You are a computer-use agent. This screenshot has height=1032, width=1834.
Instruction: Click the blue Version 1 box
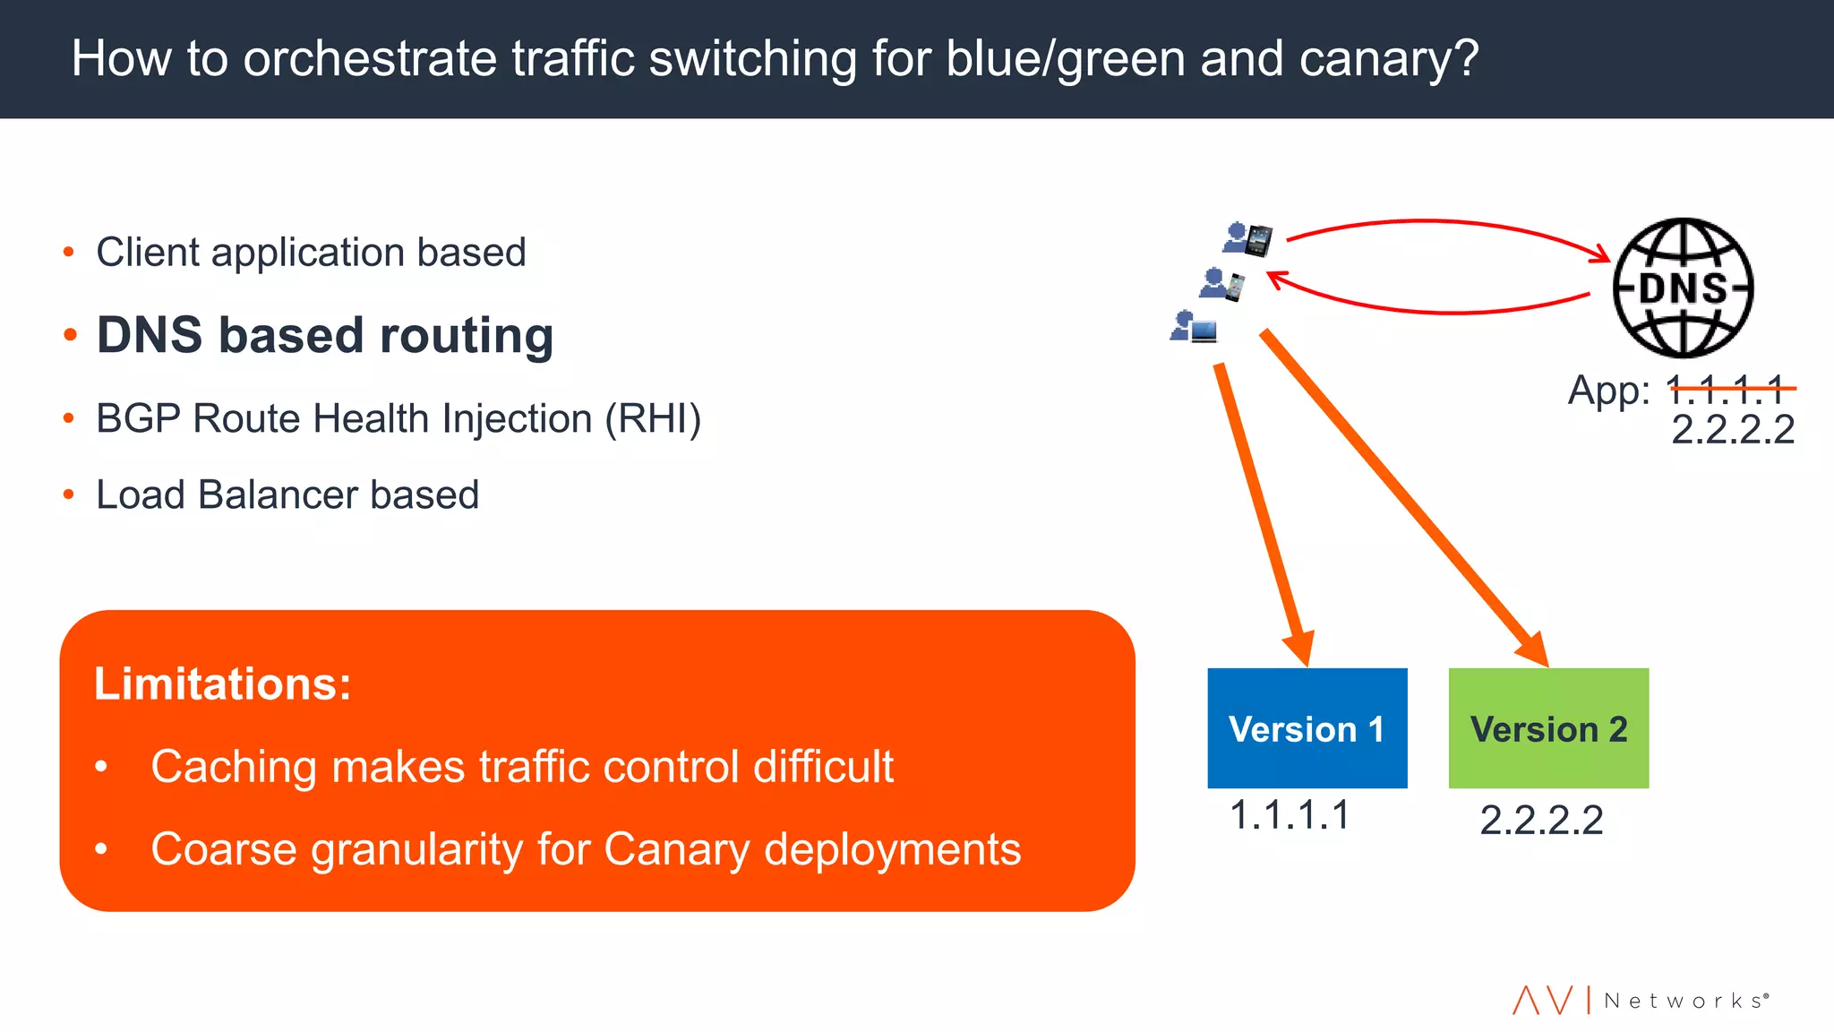1307,727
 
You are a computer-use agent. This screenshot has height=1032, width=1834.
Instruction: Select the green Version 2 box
1548,727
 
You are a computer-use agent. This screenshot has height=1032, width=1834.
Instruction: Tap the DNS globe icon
1683,288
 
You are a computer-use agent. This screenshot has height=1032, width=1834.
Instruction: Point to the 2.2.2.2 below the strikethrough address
1733,430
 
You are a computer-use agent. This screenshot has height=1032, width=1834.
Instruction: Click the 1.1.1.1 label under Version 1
1289,815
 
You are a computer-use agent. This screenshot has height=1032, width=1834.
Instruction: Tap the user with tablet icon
1247,239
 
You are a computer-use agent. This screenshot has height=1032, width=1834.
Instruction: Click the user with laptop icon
1195,327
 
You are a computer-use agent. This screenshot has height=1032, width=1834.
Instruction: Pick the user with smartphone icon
1222,284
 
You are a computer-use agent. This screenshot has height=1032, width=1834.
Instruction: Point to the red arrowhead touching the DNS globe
1599,254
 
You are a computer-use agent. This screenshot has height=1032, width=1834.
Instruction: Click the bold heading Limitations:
222,684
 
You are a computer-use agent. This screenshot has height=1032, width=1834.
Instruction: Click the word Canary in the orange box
676,849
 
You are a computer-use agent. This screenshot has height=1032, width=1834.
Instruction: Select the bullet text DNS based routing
324,336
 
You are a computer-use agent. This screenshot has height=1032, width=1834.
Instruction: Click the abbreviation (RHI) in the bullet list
653,419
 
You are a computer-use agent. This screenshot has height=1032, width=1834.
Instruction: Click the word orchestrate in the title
370,59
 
